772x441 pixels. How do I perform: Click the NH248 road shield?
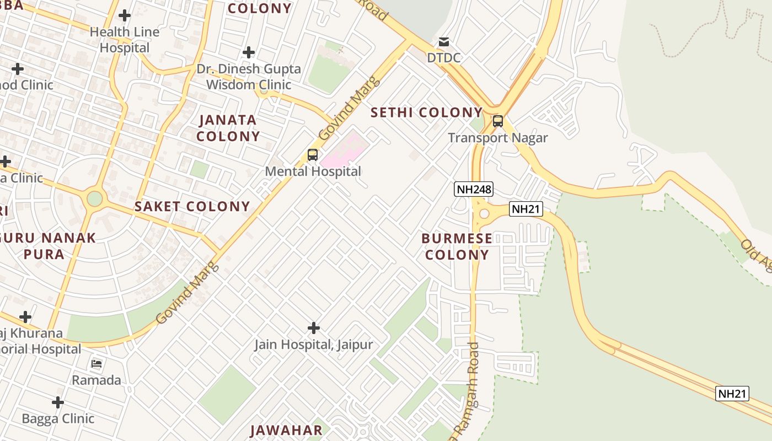[474, 189]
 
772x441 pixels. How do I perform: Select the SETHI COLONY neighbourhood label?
[426, 112]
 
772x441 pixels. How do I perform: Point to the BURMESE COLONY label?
[457, 246]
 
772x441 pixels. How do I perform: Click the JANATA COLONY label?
[228, 128]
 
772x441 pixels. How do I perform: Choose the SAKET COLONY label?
[192, 207]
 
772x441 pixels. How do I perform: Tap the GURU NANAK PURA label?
[52, 246]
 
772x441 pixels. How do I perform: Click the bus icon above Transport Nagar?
[498, 121]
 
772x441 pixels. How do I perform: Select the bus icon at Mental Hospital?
[313, 155]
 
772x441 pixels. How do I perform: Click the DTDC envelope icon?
[444, 42]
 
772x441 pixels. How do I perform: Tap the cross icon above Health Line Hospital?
[125, 15]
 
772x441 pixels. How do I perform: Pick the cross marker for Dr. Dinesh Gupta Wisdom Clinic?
[249, 52]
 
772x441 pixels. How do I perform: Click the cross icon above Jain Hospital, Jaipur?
[314, 328]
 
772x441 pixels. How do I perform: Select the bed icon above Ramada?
[96, 364]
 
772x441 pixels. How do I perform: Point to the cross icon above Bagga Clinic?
[58, 402]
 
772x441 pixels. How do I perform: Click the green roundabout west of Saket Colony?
[95, 198]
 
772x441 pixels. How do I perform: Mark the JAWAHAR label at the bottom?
[286, 431]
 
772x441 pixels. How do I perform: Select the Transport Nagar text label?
[498, 138]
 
